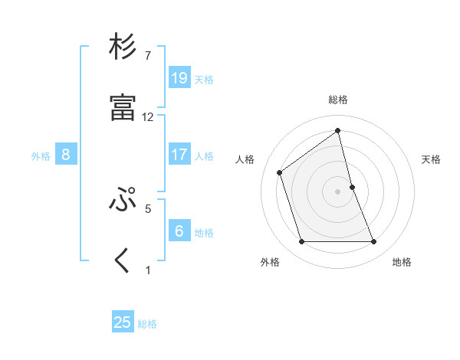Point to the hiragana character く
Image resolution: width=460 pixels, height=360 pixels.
[123, 260]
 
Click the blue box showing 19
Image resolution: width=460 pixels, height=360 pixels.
[179, 78]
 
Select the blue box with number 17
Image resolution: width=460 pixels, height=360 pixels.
[179, 155]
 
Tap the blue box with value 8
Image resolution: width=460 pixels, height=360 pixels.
[66, 155]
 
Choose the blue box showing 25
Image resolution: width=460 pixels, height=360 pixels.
[123, 322]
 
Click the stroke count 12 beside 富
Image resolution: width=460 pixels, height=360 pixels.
[148, 117]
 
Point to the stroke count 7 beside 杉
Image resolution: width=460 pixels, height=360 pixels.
[147, 56]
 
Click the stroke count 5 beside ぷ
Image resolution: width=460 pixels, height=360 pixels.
[148, 208]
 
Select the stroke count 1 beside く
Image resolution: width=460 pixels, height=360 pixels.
[148, 270]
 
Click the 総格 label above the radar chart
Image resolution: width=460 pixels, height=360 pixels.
[338, 100]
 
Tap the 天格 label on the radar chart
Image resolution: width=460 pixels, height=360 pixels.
[431, 159]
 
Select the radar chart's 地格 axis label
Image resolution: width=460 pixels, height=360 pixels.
[402, 262]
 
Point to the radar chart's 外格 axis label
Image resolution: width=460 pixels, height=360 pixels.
[270, 262]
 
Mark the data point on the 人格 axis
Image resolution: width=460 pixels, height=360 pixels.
[280, 172]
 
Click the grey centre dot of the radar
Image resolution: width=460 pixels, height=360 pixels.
[338, 191]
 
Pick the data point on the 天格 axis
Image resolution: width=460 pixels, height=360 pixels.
[352, 186]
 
